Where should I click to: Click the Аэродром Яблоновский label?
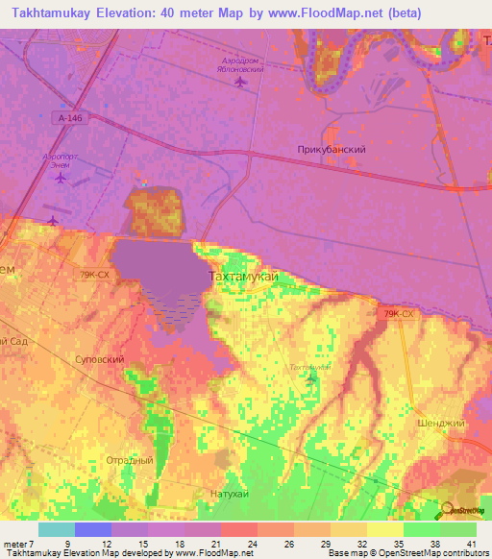pos(239,64)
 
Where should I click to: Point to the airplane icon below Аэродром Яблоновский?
pos(239,82)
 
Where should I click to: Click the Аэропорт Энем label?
pos(61,159)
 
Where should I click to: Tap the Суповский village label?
pos(99,358)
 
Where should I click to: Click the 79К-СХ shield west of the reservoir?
pos(94,274)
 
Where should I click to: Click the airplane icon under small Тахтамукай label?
pos(309,379)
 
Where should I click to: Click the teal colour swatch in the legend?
pos(56,528)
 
